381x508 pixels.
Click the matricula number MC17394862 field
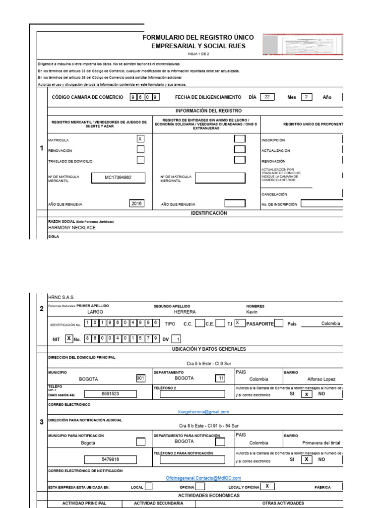(118, 178)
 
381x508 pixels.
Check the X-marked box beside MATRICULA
(140, 139)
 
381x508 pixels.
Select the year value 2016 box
(136, 203)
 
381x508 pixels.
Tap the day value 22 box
(267, 97)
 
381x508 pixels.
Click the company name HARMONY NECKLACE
(72, 228)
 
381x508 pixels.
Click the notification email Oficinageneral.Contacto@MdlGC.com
(203, 478)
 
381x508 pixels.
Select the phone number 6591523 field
(110, 394)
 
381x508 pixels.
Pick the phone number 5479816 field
(110, 459)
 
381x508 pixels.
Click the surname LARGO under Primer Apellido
(95, 312)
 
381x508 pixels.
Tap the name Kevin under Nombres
(252, 312)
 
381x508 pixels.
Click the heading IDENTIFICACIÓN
(209, 213)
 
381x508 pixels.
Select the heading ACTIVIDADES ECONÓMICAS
(209, 496)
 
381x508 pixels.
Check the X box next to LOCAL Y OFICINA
(267, 487)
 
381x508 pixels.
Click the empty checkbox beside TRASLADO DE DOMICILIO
(140, 160)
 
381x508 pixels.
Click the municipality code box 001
(140, 378)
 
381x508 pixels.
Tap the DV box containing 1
(179, 339)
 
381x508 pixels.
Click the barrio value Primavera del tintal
(321, 443)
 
